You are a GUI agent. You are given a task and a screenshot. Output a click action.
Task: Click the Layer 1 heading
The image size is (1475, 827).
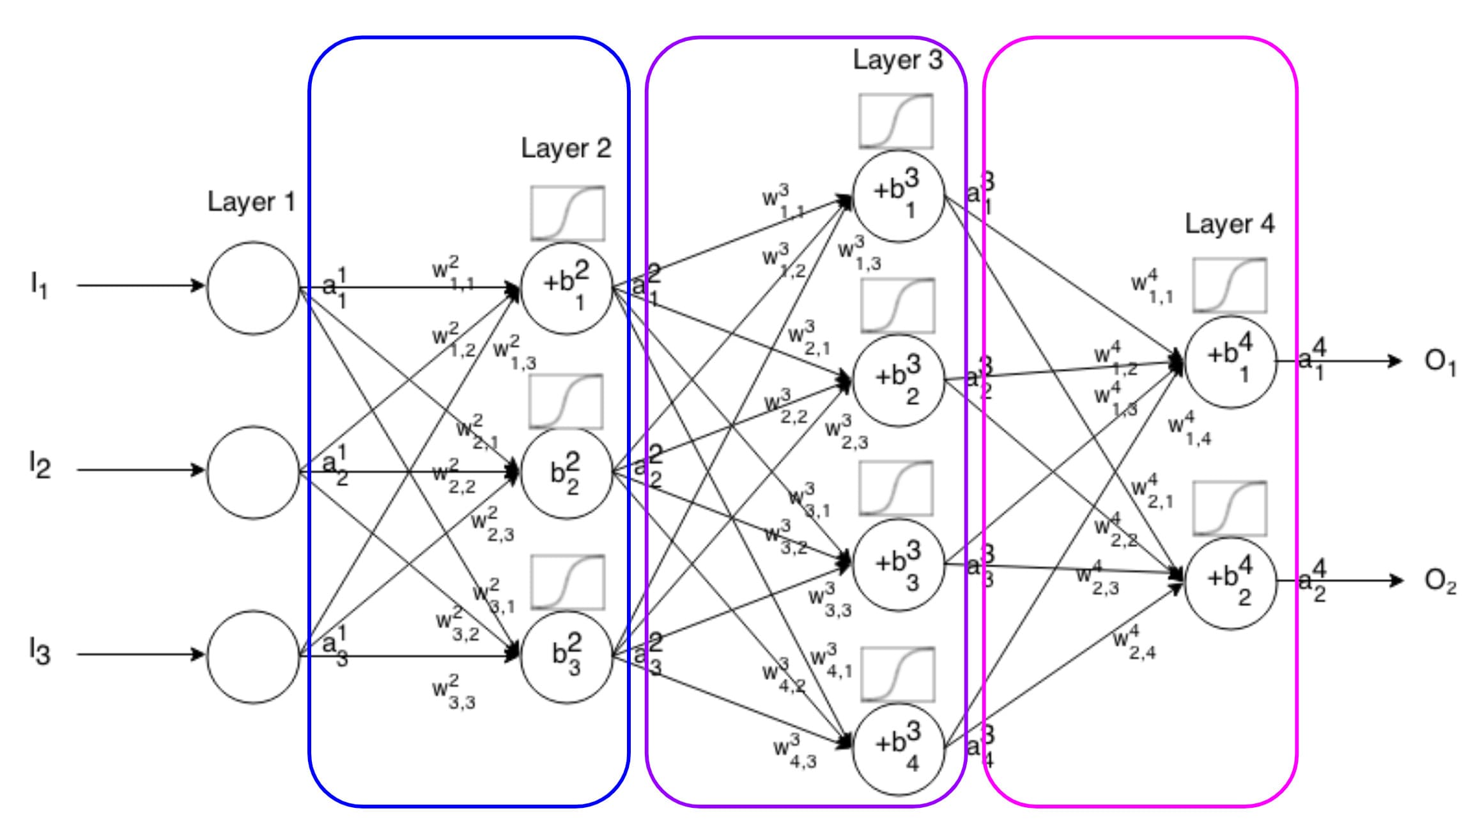click(x=251, y=203)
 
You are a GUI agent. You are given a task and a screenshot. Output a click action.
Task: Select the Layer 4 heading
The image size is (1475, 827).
click(x=1229, y=224)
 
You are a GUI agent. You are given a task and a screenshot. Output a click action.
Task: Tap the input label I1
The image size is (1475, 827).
click(x=38, y=285)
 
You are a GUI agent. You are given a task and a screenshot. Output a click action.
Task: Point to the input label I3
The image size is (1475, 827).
click(x=40, y=653)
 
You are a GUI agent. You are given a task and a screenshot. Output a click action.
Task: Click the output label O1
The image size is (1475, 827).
click(x=1440, y=362)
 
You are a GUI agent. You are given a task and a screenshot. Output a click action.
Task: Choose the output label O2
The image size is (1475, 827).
click(x=1440, y=581)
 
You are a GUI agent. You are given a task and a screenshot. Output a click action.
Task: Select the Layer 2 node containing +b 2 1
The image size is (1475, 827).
click(x=567, y=288)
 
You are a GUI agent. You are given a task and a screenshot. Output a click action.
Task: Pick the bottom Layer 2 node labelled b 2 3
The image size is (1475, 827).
click(x=567, y=656)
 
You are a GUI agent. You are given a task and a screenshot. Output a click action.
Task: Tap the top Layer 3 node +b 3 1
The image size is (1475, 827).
click(x=899, y=196)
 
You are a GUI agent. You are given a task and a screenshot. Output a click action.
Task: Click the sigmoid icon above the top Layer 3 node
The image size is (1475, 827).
click(x=896, y=121)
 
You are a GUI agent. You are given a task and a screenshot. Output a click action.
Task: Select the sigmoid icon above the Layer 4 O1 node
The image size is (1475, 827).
click(x=1230, y=286)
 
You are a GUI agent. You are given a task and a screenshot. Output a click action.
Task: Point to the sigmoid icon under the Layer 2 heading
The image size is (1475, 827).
click(x=568, y=213)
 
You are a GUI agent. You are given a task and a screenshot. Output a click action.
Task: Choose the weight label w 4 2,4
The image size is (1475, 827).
click(x=1134, y=643)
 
